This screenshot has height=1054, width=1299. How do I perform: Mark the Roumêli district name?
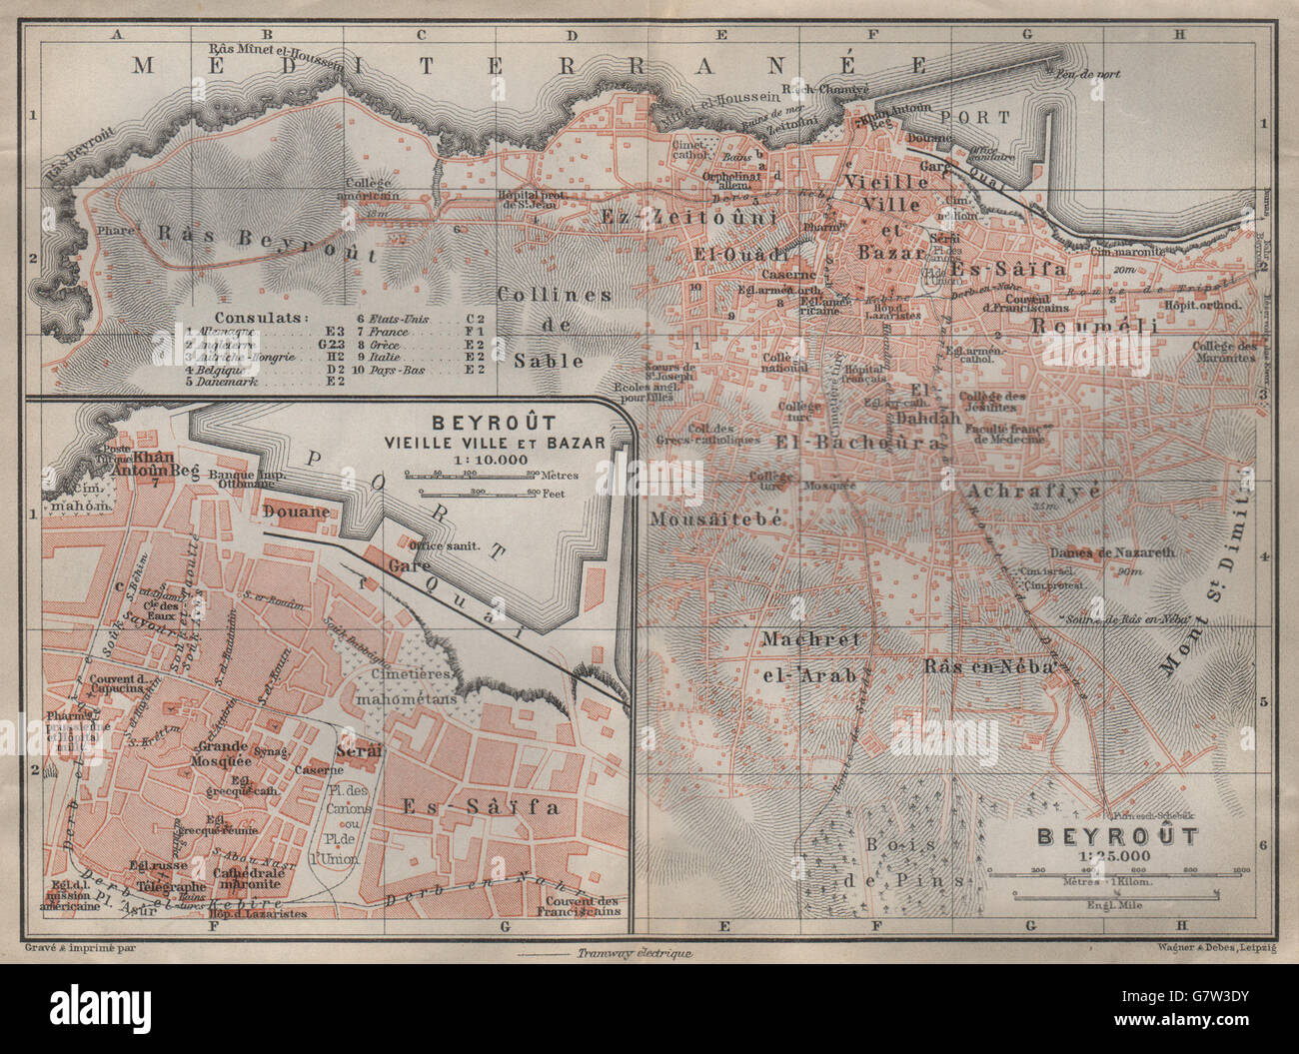coord(1094,327)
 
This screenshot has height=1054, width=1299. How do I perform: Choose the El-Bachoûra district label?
coord(858,441)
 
